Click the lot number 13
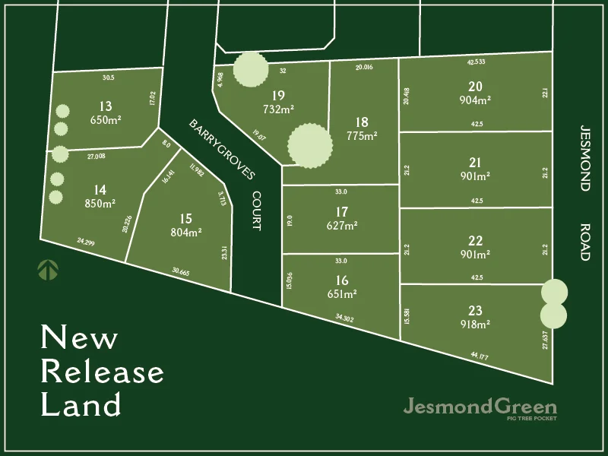pos(106,106)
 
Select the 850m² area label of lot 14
pos(100,203)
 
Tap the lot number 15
pos(185,219)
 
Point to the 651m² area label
pos(341,293)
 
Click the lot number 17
pos(341,211)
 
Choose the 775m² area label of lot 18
pos(362,136)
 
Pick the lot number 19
pos(277,96)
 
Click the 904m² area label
pos(475,100)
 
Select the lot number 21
pos(475,162)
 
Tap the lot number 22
pos(475,240)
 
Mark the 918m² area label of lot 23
pos(475,323)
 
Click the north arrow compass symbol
pos(48,269)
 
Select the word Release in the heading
pos(102,372)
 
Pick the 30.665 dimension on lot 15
pos(182,271)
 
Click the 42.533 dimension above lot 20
pos(475,62)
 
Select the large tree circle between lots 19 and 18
pos(310,145)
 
